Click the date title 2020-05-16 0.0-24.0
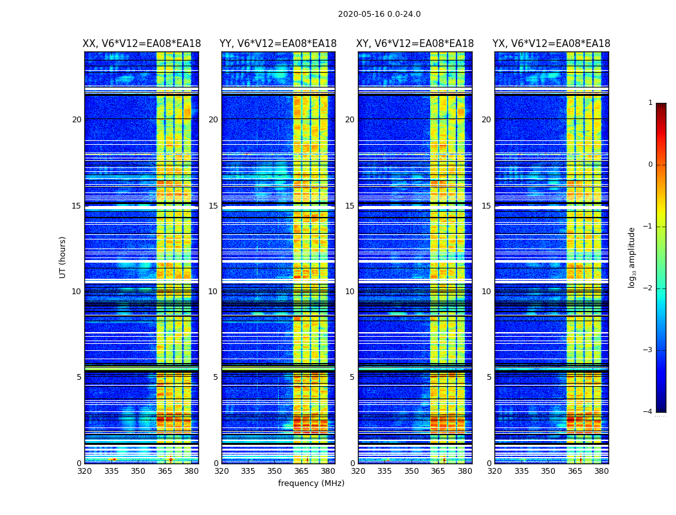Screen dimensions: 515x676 379,14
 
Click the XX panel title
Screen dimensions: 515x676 142,44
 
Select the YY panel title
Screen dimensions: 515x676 278,44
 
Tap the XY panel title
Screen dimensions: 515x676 415,44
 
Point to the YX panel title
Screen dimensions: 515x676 552,44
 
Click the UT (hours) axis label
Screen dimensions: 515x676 63,257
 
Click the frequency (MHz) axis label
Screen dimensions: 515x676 311,483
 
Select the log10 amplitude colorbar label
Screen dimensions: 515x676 632,257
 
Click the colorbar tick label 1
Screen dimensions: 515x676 650,103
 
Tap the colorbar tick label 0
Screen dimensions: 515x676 650,165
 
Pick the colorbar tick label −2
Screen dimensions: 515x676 648,288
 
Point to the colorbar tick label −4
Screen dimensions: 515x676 648,412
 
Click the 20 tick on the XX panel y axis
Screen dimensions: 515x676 77,120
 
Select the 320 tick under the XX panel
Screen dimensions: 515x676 84,471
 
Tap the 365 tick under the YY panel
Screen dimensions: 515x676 301,471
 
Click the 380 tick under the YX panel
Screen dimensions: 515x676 601,471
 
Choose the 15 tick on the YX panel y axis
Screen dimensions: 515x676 487,206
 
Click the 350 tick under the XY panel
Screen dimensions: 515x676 411,471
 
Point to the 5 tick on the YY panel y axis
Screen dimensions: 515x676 215,377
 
